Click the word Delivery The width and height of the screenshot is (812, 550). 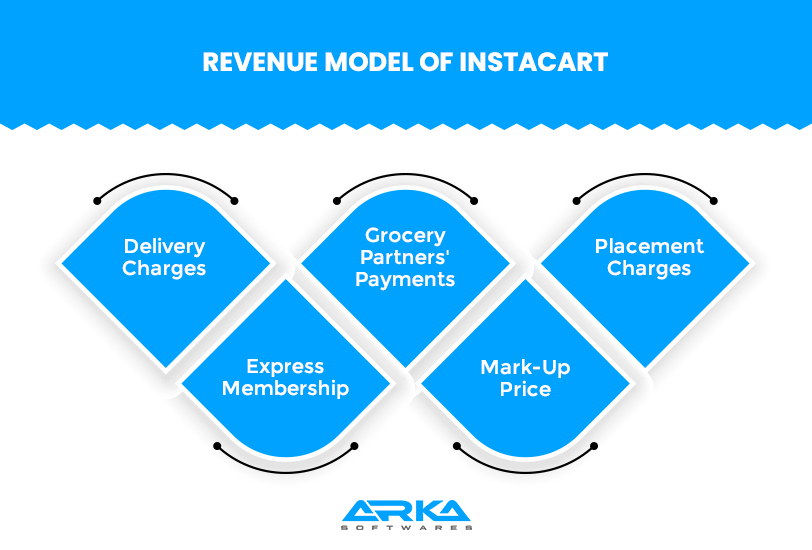(x=164, y=246)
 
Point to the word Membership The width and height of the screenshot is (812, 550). (x=285, y=388)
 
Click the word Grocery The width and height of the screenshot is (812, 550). (x=405, y=236)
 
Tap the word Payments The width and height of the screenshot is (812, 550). (x=405, y=279)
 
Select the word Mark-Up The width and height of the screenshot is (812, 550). (x=525, y=367)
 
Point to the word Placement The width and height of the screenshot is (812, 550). (x=649, y=246)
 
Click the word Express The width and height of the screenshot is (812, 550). (x=285, y=367)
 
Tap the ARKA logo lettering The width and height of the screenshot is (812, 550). (x=406, y=511)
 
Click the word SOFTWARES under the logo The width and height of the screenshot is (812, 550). (x=406, y=528)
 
